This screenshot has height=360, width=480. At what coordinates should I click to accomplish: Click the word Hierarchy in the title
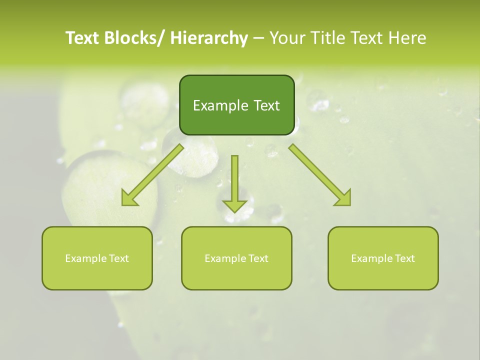click(209, 38)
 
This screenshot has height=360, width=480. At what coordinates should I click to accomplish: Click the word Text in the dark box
click(266, 105)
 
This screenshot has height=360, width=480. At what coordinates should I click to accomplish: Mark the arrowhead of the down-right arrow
click(343, 198)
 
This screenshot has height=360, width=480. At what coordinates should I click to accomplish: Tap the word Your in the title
click(287, 38)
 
